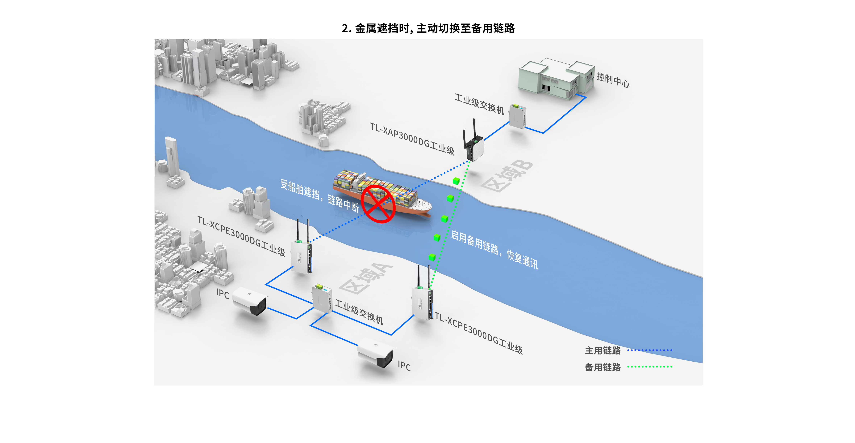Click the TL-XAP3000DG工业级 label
[412, 139]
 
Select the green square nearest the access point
[456, 181]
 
